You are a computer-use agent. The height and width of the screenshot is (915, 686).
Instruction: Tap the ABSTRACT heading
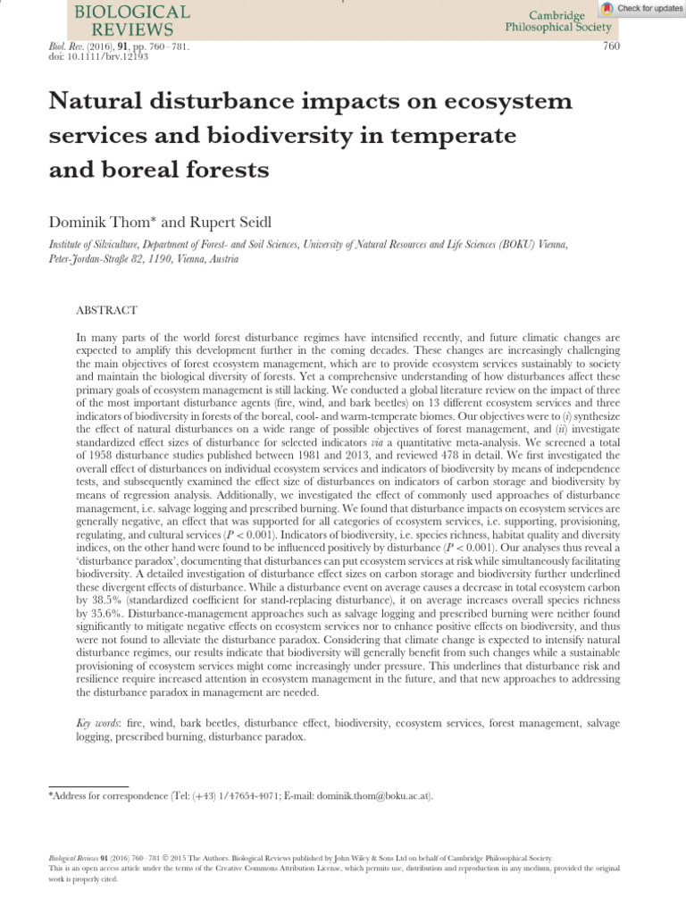(x=107, y=310)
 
